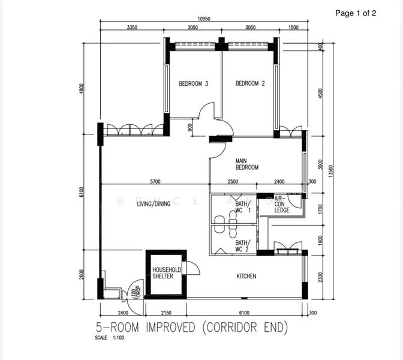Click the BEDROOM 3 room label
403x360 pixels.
193,84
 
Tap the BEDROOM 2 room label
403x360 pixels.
250,84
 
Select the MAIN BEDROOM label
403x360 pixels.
246,164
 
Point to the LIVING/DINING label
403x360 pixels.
154,204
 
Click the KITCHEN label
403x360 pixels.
246,276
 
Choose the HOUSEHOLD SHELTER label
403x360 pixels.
163,273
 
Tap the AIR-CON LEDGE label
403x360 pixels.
282,204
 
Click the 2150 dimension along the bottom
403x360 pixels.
167,313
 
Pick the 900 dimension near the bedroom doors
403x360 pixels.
190,127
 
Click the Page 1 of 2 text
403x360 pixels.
356,13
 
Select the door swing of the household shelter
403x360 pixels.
191,268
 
